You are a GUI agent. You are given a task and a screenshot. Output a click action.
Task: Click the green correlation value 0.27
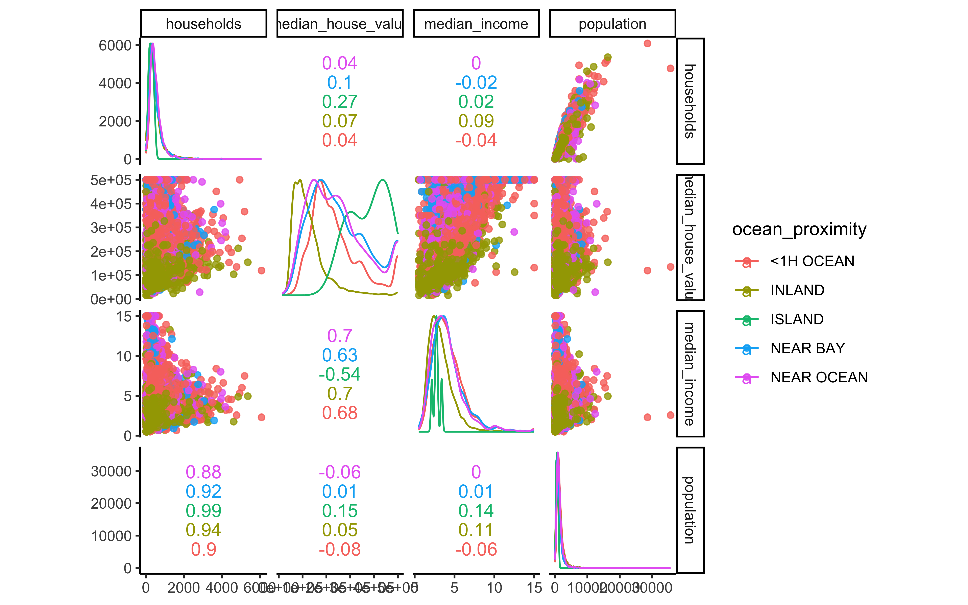(x=340, y=102)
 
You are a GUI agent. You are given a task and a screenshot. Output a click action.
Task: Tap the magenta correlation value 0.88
(x=203, y=472)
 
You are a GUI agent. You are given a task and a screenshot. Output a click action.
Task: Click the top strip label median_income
(x=476, y=24)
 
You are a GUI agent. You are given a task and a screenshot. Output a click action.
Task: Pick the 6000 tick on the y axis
(x=115, y=45)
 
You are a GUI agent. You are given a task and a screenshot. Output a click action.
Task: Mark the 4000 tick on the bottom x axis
(x=222, y=588)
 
